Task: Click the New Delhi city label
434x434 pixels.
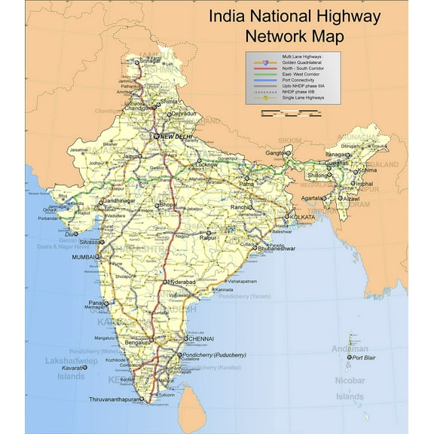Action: [x=176, y=136]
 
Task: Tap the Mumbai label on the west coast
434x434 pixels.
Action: [x=84, y=258]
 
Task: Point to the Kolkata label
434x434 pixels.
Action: [x=301, y=217]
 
